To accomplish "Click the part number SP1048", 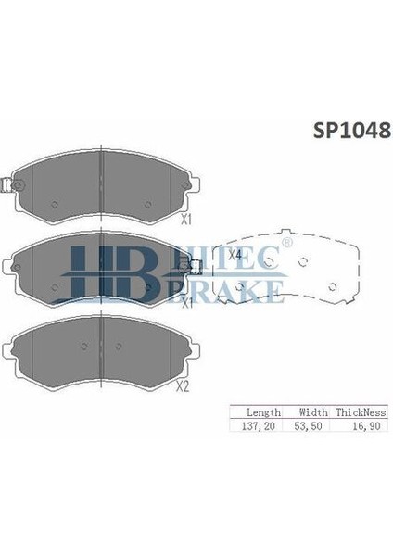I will coord(344,130).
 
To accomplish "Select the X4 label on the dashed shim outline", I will coord(235,255).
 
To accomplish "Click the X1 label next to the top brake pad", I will coord(185,220).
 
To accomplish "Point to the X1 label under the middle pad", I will coord(185,303).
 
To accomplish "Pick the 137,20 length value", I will coord(257,425).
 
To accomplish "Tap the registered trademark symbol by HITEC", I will coord(286,244).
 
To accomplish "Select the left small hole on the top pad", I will coord(56,205).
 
